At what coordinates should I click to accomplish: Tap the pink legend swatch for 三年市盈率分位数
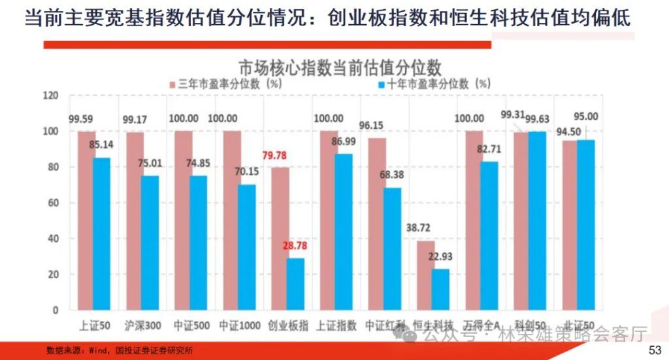pos(173,84)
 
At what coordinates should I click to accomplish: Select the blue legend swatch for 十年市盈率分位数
pos(382,84)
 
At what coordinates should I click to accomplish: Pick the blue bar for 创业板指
pos(295,284)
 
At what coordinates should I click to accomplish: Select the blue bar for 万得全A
pos(489,235)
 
